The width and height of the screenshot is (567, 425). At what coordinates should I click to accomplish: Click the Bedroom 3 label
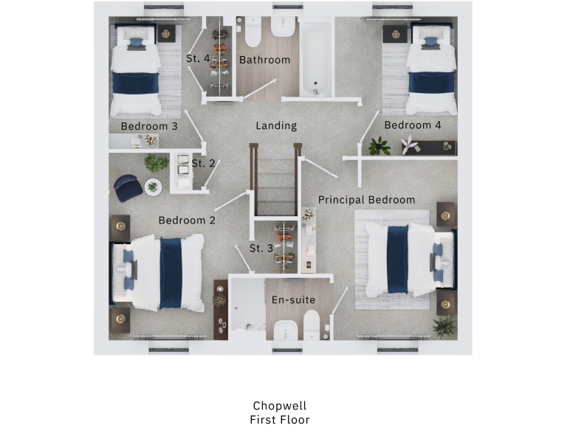click(x=149, y=126)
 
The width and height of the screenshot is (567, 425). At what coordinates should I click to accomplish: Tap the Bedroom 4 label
click(x=413, y=125)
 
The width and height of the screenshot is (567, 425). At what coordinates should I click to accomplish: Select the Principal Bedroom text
click(x=366, y=200)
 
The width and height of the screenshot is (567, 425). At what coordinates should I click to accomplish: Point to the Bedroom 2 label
click(x=187, y=220)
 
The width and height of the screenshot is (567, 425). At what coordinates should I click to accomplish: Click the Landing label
click(x=276, y=126)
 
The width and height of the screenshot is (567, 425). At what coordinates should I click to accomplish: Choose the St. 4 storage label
click(x=198, y=58)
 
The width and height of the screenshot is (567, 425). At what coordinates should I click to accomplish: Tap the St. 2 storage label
click(x=203, y=163)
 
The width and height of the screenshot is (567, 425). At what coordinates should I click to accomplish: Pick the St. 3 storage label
click(x=261, y=248)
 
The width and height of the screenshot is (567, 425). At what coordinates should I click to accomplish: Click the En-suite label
click(x=293, y=300)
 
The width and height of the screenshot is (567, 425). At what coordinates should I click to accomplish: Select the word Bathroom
click(x=264, y=60)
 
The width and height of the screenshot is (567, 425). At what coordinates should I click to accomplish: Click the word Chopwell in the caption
click(x=279, y=406)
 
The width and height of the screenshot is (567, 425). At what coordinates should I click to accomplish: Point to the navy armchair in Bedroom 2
click(x=128, y=187)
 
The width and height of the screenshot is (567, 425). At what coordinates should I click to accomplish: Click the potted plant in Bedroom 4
click(x=379, y=145)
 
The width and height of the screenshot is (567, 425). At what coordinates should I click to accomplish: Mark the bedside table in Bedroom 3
click(x=166, y=33)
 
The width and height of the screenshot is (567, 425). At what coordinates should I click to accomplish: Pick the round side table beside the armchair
click(x=154, y=187)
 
